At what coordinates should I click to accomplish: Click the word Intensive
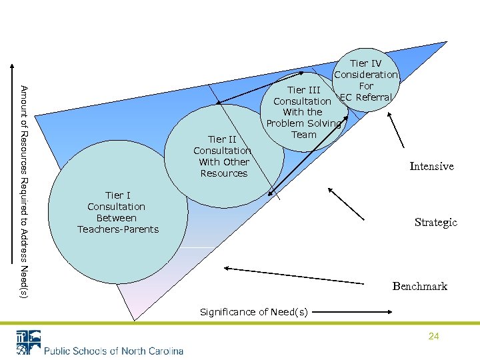point(431,166)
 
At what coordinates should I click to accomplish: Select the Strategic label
point(435,222)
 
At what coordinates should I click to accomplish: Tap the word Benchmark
point(419,286)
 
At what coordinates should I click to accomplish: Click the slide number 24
point(433,337)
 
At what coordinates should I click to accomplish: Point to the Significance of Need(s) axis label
point(254,312)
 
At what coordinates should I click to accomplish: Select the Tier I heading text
point(117,195)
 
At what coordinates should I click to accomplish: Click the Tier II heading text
point(223,139)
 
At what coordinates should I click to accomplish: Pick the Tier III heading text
point(304,90)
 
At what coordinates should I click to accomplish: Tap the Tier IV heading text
point(366,64)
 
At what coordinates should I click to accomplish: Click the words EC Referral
point(366,97)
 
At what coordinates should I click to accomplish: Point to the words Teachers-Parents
point(118,229)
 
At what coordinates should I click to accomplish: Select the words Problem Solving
point(303,123)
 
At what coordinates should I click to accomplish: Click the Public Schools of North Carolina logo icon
point(28,342)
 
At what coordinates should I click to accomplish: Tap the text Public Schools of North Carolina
point(113,351)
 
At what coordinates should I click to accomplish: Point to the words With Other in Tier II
point(224,162)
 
